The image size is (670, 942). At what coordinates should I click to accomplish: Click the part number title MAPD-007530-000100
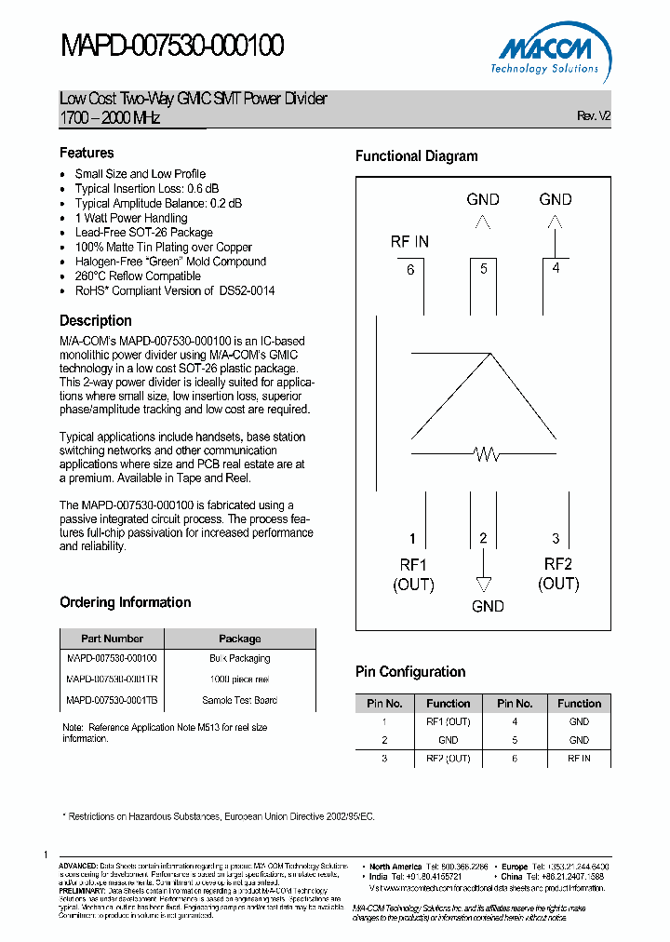pos(172,46)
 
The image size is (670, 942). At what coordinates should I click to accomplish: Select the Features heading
pos(87,153)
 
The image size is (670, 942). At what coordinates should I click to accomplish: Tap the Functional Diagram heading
pos(416,156)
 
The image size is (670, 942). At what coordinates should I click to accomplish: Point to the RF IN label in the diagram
pos(409,242)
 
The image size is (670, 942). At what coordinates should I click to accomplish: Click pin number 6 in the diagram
pos(410,270)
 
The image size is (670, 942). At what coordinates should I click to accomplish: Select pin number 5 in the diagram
pos(483,269)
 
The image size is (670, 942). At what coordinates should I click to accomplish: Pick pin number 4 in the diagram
pos(556,268)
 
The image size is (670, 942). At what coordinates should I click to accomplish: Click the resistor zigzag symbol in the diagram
pos(487,454)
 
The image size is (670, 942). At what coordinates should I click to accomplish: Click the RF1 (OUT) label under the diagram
pos(413,574)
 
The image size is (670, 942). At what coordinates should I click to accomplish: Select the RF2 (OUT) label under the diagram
pos(558,573)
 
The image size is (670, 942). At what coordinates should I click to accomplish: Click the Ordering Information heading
pos(125,602)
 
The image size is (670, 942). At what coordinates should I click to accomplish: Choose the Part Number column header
pos(112,639)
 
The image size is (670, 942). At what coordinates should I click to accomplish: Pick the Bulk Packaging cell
pos(239,658)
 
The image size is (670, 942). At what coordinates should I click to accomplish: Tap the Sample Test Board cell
pos(239,700)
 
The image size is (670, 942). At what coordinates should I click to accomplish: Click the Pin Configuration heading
pos(410,672)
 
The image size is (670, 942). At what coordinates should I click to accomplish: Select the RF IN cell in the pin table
pos(579,759)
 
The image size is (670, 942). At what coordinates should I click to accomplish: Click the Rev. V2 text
pos(594,116)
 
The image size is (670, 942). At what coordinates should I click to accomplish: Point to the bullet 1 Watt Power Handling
pos(131,218)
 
